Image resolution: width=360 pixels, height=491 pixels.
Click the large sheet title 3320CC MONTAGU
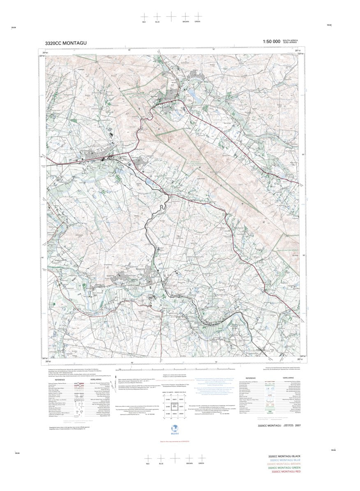[x=66, y=43]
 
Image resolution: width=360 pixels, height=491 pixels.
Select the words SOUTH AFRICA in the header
[x=290, y=40]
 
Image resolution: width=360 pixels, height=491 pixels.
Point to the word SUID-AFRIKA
[x=290, y=43]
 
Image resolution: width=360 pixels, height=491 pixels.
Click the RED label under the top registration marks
[x=144, y=21]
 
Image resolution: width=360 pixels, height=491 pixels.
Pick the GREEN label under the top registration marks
[x=197, y=21]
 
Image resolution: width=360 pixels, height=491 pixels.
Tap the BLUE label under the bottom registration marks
[x=161, y=464]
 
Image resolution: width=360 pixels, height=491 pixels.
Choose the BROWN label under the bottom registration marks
[x=189, y=464]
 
